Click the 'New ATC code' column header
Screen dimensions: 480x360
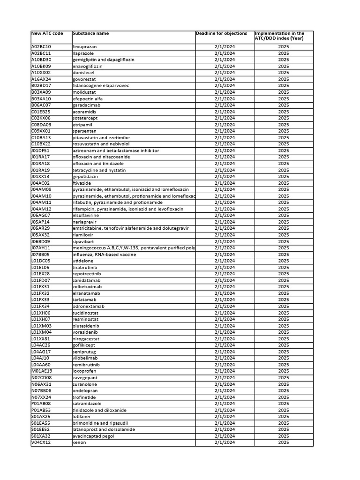tap(47, 34)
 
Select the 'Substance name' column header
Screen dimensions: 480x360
tap(91, 34)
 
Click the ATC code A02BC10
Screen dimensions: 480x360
tap(41, 47)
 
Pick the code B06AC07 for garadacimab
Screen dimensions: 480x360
tap(41, 105)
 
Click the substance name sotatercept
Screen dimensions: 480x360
tap(86, 118)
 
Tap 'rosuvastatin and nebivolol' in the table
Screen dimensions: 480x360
tap(101, 144)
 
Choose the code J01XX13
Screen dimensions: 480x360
tap(40, 177)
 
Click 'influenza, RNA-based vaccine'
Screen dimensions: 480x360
tap(104, 255)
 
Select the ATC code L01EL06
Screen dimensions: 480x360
tap(40, 267)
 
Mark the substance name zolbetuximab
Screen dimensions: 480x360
tap(87, 287)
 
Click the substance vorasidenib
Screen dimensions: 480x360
tap(86, 332)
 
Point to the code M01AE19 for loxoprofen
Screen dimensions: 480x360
tap(41, 371)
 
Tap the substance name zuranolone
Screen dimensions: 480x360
tap(85, 384)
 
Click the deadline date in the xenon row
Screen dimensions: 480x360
tap(225, 442)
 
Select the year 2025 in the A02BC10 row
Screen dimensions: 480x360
tap(283, 47)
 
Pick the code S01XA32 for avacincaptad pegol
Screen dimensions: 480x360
tap(41, 436)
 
